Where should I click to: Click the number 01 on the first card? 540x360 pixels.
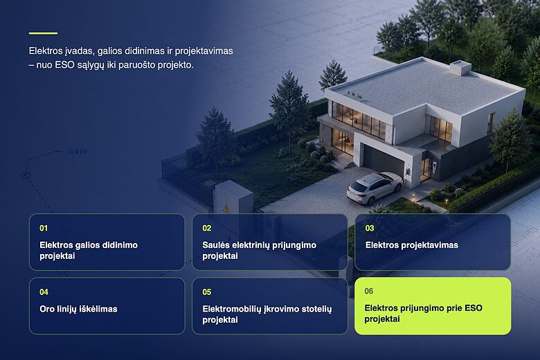tap(44, 228)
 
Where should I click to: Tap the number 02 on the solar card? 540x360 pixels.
tap(206, 228)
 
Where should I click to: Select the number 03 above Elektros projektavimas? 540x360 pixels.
tap(370, 228)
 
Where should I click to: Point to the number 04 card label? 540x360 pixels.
tap(44, 292)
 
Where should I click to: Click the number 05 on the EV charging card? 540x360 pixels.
tap(206, 292)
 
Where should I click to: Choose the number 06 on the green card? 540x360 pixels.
tap(369, 291)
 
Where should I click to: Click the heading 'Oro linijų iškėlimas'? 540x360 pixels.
tap(78, 309)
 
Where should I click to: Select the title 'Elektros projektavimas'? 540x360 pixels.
tap(411, 245)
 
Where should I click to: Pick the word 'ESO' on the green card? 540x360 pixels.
tap(474, 308)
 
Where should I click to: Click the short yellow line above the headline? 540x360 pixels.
tap(43, 33)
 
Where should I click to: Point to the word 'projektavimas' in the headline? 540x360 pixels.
tap(204, 51)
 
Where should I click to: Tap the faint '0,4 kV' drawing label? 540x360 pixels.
tap(78, 152)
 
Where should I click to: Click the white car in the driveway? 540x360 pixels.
tap(375, 188)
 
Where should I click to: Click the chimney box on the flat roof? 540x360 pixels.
tap(460, 67)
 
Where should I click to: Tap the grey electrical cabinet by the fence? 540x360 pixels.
tap(233, 198)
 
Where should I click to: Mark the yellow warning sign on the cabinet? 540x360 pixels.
tap(226, 208)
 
